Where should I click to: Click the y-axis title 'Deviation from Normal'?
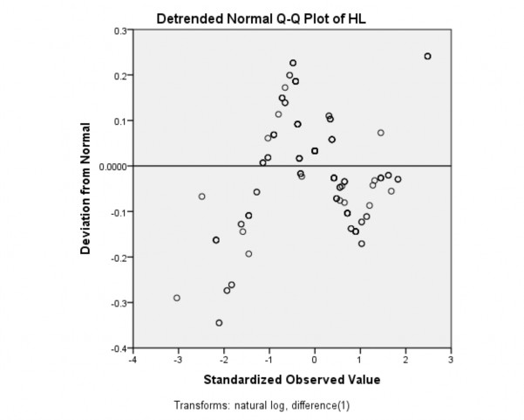tap(86, 189)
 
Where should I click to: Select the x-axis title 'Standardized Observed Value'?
tap(292, 380)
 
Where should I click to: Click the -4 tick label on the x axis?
tap(132, 360)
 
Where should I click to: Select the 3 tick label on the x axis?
tap(451, 360)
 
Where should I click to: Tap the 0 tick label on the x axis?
tap(315, 360)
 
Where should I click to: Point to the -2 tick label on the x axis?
tap(223, 360)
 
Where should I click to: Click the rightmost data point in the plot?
tap(427, 56)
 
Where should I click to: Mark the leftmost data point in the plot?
tap(177, 298)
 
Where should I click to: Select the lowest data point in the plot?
tap(219, 323)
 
